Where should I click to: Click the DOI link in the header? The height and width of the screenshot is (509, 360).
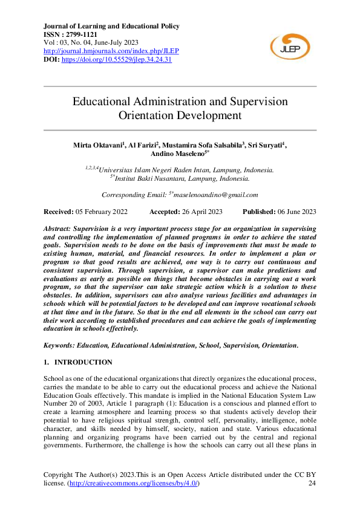pyautogui.click(x=117, y=59)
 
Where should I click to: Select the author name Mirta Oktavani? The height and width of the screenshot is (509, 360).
pyautogui.click(x=98, y=145)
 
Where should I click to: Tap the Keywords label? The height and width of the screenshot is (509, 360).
pyautogui.click(x=62, y=345)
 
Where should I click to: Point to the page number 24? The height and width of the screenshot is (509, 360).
pyautogui.click(x=312, y=484)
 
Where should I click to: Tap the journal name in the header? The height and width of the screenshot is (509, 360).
pyautogui.click(x=112, y=27)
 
